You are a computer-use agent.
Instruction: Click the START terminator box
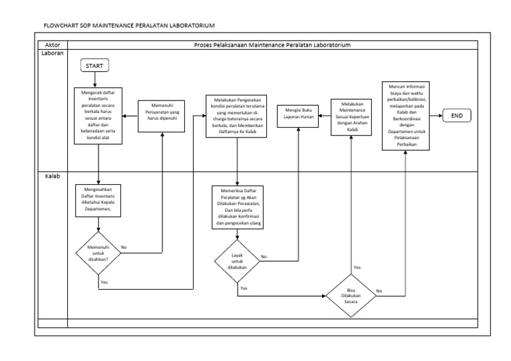[x=95, y=65]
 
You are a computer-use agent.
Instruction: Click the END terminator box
[x=457, y=116]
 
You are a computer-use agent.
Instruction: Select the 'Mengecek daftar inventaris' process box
[x=98, y=114]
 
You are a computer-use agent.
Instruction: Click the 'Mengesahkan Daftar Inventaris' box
[x=98, y=199]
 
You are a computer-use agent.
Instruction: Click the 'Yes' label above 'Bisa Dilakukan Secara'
[x=357, y=267]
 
